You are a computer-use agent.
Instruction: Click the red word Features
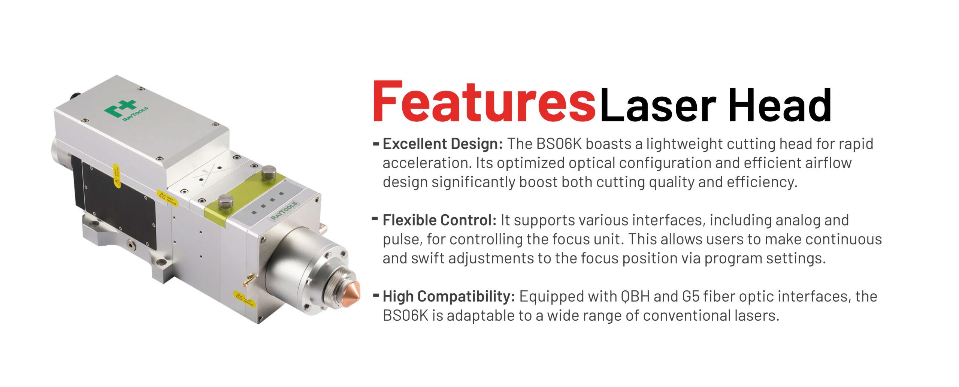point(484,102)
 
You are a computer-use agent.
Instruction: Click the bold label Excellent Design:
point(442,144)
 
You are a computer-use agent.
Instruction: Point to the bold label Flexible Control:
point(439,220)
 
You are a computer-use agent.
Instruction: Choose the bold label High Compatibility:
point(449,296)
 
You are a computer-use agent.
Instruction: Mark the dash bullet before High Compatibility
point(376,295)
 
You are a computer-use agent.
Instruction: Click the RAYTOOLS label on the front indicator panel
point(284,211)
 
